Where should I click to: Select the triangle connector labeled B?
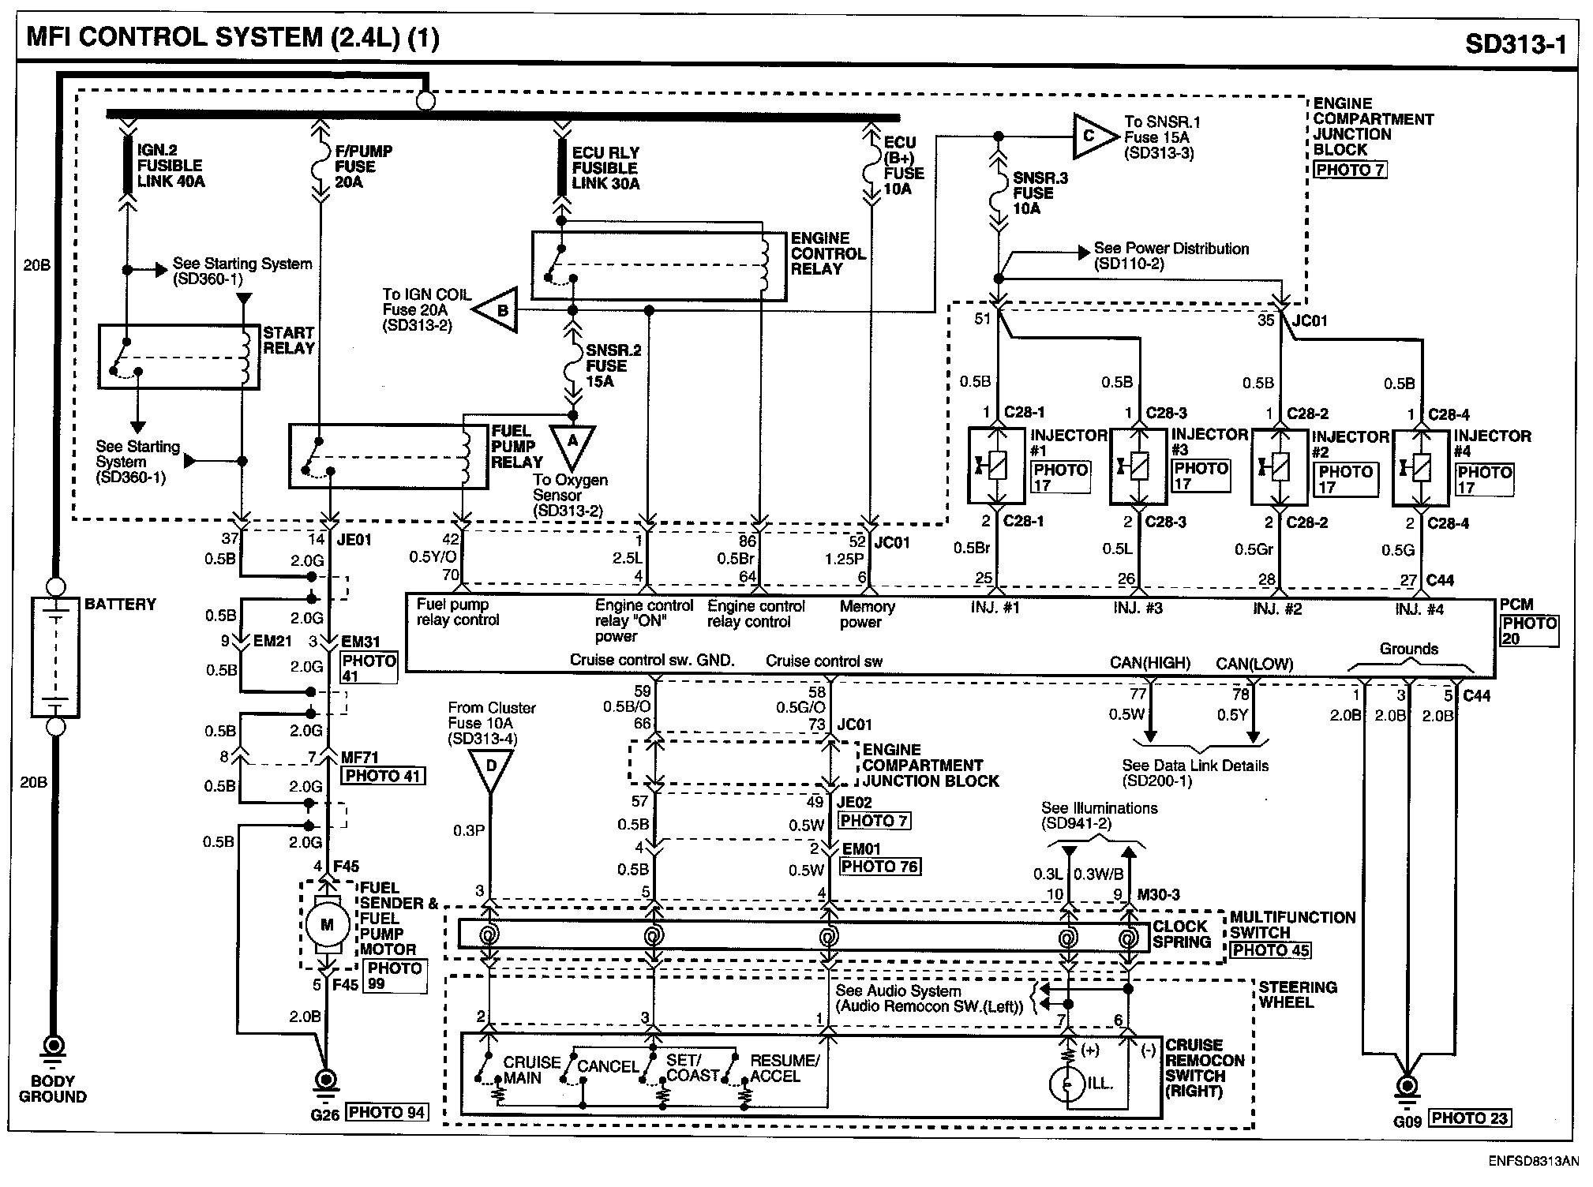coord(498,311)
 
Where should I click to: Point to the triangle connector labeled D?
coord(490,768)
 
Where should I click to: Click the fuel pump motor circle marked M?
coord(326,925)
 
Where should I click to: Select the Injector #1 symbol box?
coord(997,466)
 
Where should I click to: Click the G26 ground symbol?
coord(324,1082)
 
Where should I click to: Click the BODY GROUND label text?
coord(52,1088)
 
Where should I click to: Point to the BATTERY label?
coord(120,605)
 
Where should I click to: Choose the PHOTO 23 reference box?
coord(1470,1118)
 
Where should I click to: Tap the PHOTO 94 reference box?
coord(387,1113)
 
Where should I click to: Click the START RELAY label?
coord(289,340)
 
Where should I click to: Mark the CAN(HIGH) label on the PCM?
coord(1149,664)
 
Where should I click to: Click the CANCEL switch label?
coord(608,1066)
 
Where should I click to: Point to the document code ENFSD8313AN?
coord(1533,1162)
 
